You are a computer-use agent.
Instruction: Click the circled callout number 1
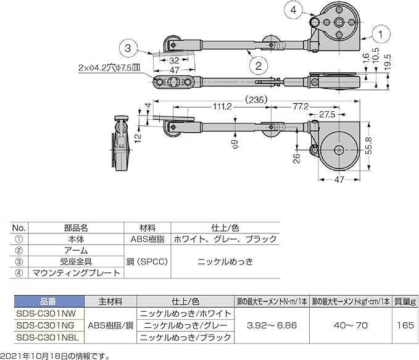381,35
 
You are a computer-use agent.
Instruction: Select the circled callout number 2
259,65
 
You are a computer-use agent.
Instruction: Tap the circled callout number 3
128,48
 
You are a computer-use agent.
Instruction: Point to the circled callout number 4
293,10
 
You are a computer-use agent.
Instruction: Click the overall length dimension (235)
256,100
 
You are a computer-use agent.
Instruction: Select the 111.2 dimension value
222,107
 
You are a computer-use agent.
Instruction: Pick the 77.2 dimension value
301,107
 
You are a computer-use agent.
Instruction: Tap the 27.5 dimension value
327,114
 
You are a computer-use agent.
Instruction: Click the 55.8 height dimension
369,146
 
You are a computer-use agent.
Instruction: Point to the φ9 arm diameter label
235,144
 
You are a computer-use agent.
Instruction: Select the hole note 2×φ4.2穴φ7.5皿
109,68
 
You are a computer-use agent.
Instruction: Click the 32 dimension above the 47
174,61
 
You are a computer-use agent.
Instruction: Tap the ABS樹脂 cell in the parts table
147,239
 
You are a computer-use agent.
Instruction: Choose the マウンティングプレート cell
76,273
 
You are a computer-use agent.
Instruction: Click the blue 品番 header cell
49,301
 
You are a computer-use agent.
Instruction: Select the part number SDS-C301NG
46,325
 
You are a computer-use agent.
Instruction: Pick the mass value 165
405,325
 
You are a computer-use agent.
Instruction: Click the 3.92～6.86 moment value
272,325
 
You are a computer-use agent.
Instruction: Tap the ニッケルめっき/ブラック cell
186,337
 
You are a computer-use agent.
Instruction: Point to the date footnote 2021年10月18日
34,356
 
